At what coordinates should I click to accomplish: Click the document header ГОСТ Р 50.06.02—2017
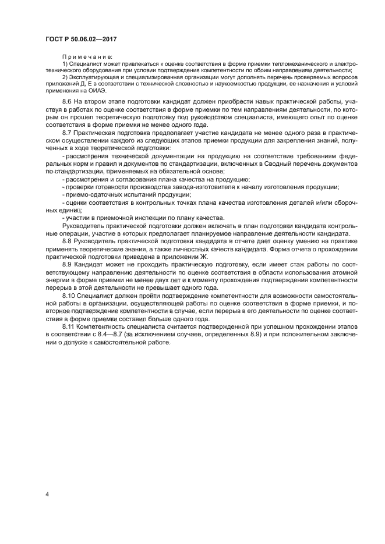coord(86,38)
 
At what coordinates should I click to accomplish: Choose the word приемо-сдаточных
coord(89,194)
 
